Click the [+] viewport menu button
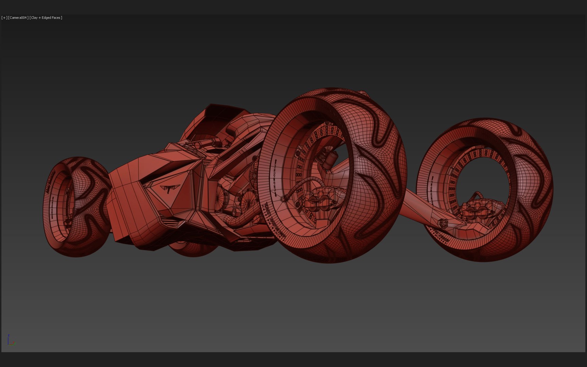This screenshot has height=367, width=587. pos(4,18)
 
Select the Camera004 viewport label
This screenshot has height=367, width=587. pos(18,18)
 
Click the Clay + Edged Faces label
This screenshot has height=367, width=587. pos(46,18)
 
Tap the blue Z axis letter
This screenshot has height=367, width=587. pos(8,335)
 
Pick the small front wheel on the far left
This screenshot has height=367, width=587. pos(75,206)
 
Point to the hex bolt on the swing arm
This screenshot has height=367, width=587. pos(442,223)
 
